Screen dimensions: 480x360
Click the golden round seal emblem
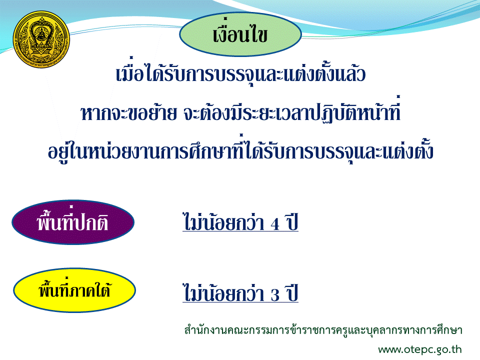click(41, 39)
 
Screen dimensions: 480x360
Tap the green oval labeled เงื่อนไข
click(240, 34)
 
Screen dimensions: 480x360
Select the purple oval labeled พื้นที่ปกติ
click(73, 222)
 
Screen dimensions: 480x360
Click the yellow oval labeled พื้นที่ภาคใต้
click(74, 290)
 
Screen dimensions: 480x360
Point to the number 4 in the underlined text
click(274, 224)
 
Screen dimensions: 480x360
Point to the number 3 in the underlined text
click(275, 295)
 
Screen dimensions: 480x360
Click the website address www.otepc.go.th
click(419, 349)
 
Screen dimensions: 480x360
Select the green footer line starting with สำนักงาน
click(323, 330)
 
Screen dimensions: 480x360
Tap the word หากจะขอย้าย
click(129, 113)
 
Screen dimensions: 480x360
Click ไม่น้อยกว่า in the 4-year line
click(223, 221)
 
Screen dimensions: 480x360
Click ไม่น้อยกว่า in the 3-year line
click(223, 292)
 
